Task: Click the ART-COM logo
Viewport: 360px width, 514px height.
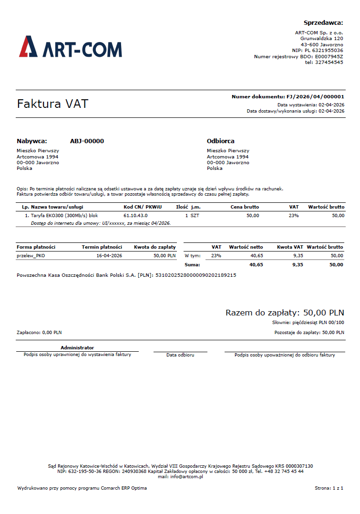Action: click(71, 47)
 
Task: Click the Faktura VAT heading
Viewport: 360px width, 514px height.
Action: click(52, 104)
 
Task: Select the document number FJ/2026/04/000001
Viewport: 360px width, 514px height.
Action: click(315, 96)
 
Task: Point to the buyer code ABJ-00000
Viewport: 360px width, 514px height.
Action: click(87, 141)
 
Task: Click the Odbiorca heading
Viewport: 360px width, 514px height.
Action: click(220, 141)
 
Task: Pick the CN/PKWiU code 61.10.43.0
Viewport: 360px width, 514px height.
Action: click(135, 216)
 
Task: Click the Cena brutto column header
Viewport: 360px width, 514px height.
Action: click(245, 207)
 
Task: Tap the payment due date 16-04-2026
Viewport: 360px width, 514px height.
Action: click(109, 256)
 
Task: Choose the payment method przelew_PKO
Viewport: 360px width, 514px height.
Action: click(31, 256)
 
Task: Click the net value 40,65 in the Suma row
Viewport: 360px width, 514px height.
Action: click(256, 264)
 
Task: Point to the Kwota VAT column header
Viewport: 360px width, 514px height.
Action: click(290, 247)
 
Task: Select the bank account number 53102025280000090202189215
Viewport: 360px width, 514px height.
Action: click(195, 275)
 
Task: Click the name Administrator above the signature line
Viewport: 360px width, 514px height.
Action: click(77, 348)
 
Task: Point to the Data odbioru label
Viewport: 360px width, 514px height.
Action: click(180, 355)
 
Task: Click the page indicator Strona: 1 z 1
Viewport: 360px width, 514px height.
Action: click(329, 488)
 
